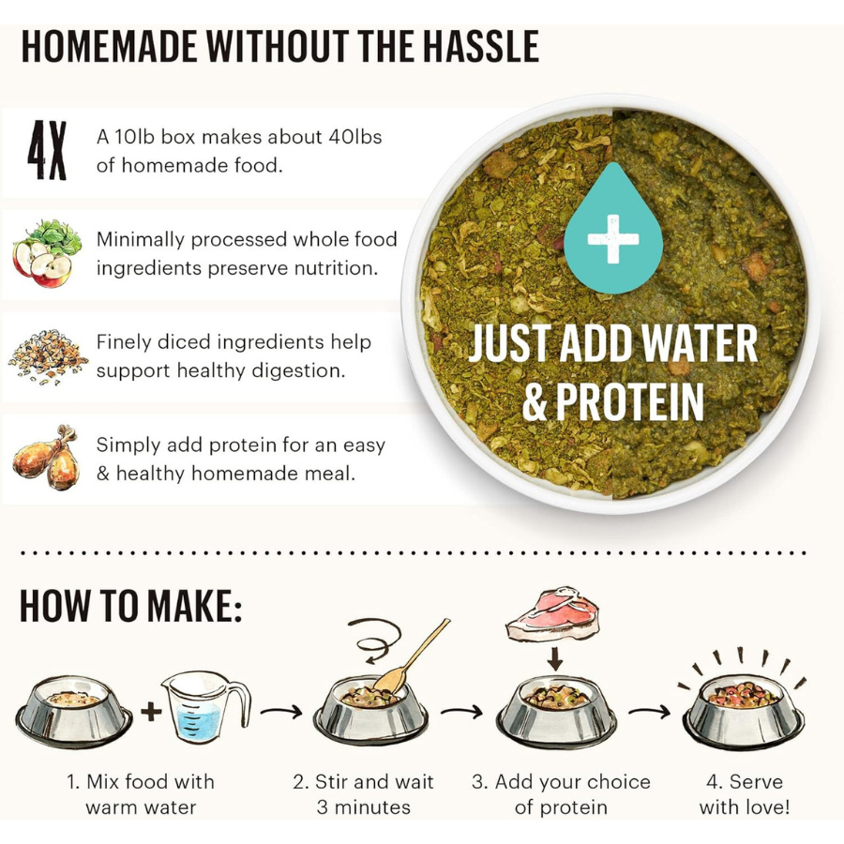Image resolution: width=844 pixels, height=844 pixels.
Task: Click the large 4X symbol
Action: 47,150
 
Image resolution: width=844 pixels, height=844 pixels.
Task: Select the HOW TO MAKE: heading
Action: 131,607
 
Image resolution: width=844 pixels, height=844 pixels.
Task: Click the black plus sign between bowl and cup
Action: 151,712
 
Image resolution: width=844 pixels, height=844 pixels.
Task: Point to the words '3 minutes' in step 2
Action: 364,806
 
